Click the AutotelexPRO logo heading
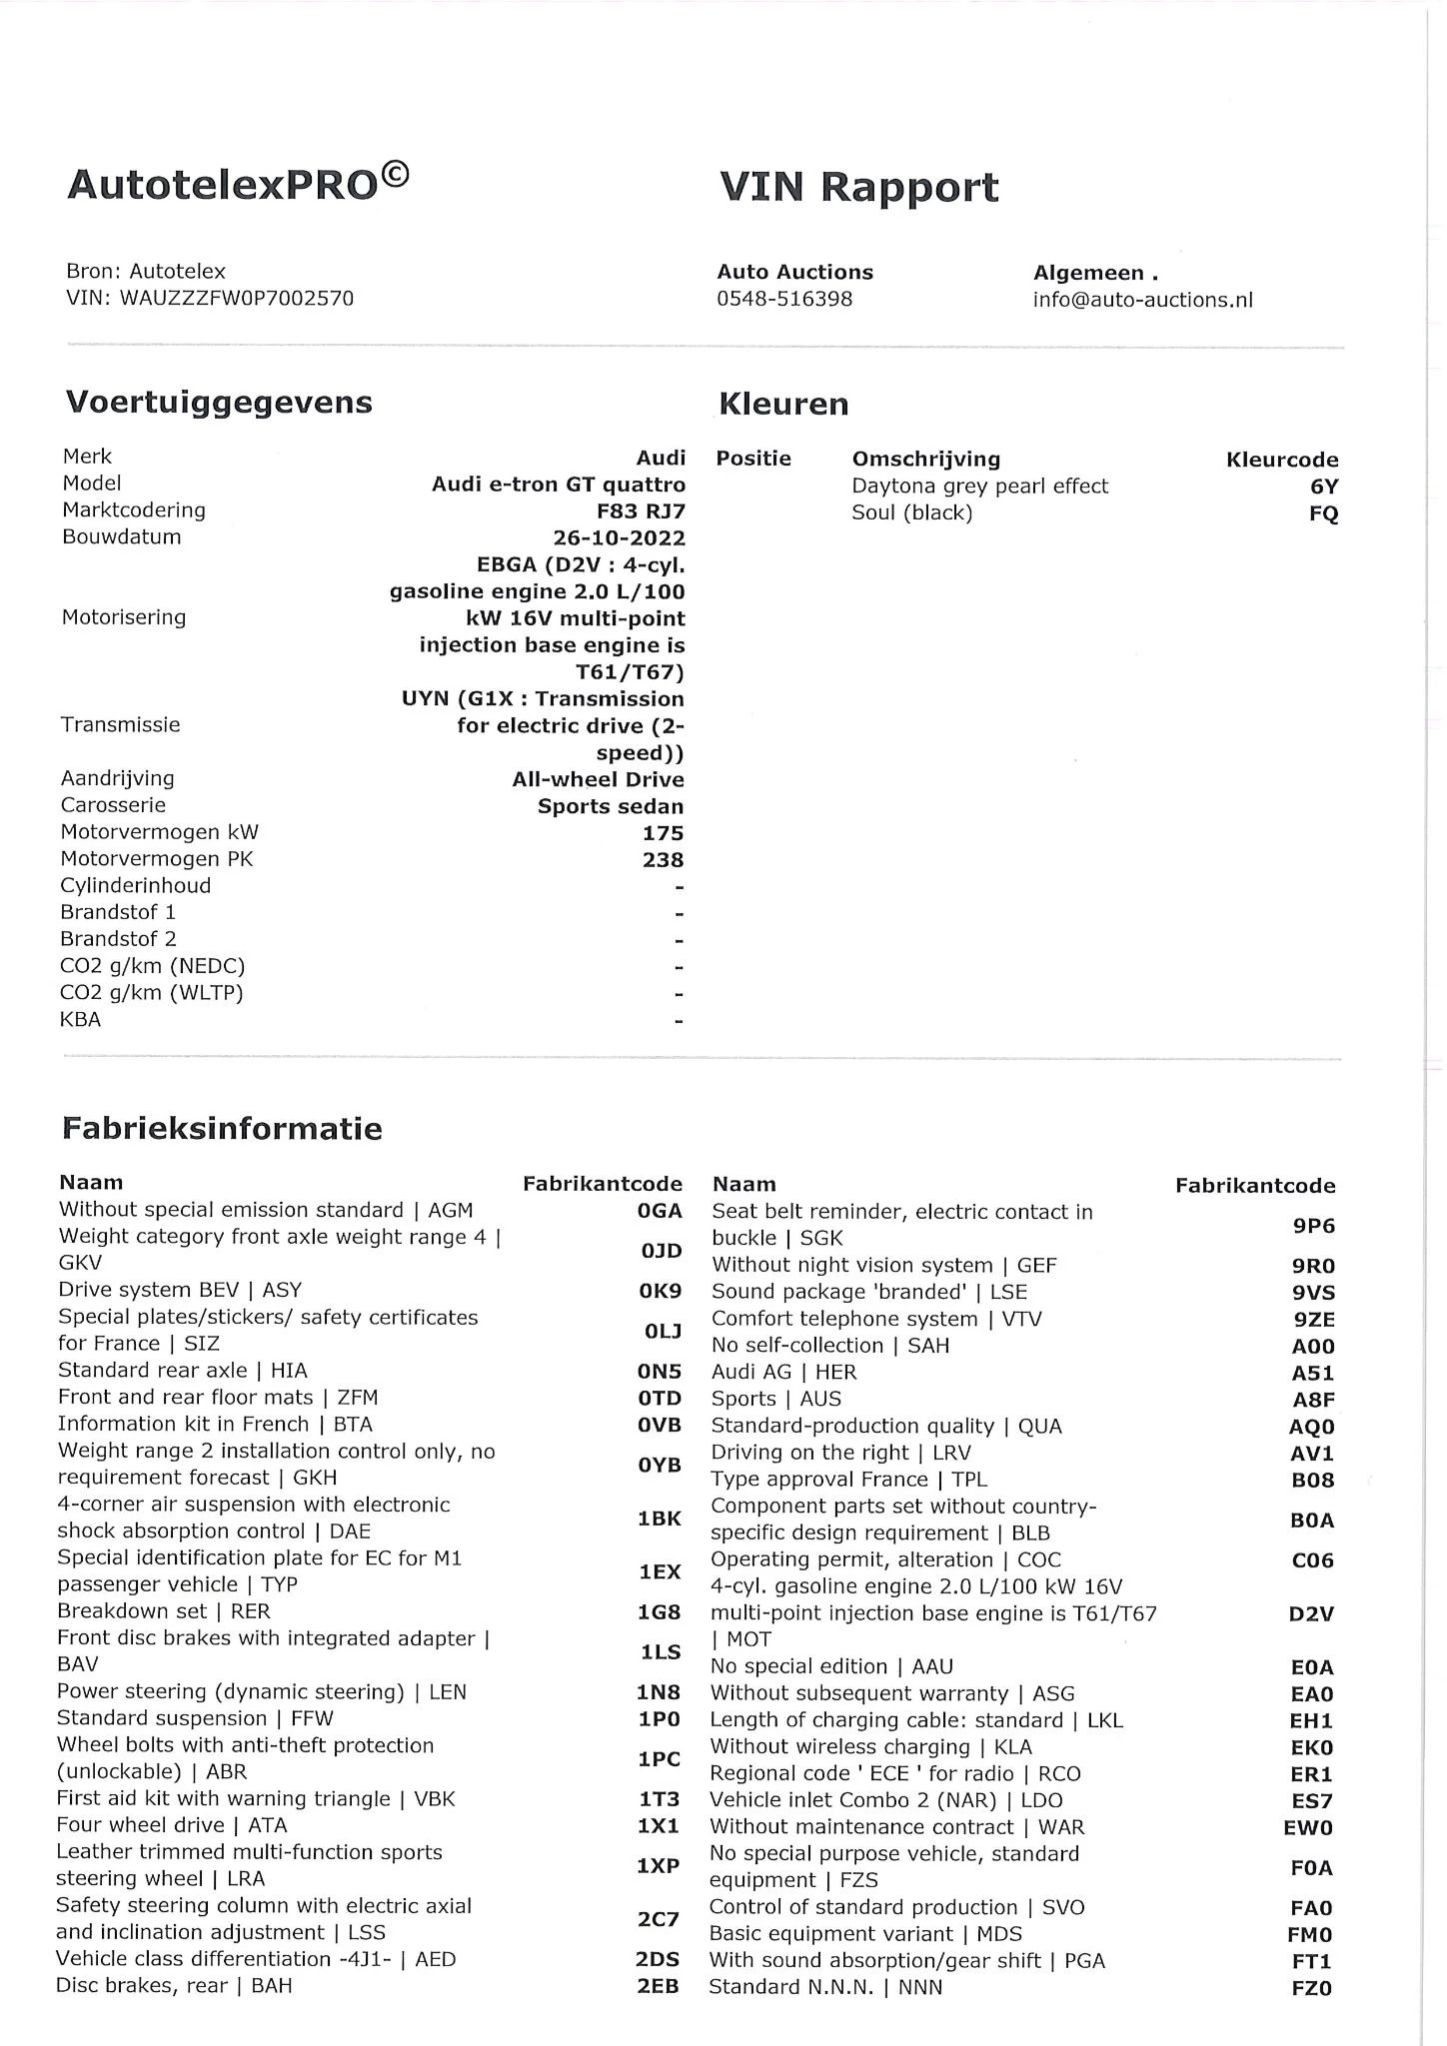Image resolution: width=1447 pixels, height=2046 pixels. tap(237, 184)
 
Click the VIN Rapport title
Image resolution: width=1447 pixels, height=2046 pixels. tap(858, 188)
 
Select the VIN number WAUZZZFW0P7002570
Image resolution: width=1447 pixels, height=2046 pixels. tap(236, 299)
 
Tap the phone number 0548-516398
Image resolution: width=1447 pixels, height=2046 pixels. tap(784, 300)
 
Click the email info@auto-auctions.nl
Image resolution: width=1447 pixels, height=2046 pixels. tap(1142, 301)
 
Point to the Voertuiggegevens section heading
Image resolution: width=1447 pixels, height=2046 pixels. tap(219, 403)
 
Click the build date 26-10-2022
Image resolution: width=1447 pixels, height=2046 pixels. tap(620, 537)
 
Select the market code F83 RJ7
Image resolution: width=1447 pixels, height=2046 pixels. tap(640, 511)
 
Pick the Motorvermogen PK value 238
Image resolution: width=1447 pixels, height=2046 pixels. tap(663, 860)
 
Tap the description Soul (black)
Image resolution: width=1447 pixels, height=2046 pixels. tap(911, 513)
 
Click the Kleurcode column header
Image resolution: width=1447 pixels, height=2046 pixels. tap(1281, 461)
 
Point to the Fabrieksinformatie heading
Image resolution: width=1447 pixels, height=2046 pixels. tap(222, 1129)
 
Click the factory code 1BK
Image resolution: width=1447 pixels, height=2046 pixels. tap(659, 1519)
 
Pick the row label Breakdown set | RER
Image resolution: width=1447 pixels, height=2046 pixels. tap(164, 1611)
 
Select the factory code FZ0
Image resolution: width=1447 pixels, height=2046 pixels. tap(1311, 1988)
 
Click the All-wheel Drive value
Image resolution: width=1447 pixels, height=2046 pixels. tap(598, 779)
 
